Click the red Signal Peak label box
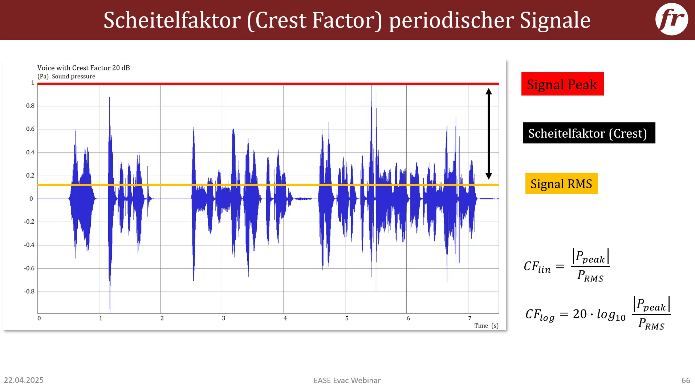(562, 84)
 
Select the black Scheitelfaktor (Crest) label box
(589, 133)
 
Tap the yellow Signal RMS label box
(561, 183)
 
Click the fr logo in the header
(671, 19)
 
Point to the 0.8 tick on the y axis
(31, 106)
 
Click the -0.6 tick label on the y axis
(29, 268)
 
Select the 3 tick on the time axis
(224, 318)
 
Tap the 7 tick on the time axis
(470, 318)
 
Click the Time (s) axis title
(487, 326)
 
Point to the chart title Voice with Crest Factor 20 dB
(84, 68)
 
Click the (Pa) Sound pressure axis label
(66, 76)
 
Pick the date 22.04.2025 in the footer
(24, 380)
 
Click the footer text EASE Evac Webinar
(347, 381)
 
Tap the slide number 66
(686, 381)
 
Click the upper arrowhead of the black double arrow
(489, 91)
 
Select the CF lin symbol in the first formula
(537, 267)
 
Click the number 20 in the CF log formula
(580, 314)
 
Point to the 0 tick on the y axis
(31, 199)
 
